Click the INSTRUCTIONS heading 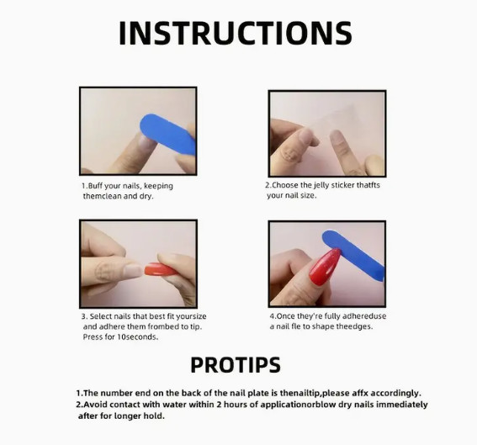click(x=236, y=33)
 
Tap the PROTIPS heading click(x=236, y=365)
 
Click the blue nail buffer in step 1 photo click(x=168, y=134)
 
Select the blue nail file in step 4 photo click(x=353, y=256)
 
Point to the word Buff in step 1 click(x=95, y=186)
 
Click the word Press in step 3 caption click(x=91, y=336)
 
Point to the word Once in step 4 click(x=286, y=316)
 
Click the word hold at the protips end click(x=154, y=416)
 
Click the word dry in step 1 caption click(x=146, y=196)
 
